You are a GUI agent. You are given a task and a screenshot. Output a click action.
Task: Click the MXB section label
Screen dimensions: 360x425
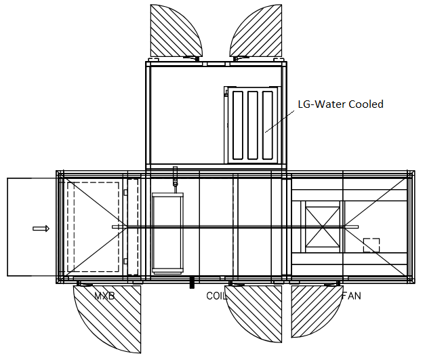(104, 296)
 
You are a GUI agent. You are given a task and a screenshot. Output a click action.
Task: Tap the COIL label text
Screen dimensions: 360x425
(218, 296)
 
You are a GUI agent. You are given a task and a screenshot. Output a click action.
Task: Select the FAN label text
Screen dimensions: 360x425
(351, 296)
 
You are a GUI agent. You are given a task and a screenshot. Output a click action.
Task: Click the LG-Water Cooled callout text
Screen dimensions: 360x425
(340, 104)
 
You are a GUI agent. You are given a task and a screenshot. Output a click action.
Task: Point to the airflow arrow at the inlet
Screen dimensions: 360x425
(41, 228)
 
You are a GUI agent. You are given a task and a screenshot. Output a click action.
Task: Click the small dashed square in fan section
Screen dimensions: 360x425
(371, 245)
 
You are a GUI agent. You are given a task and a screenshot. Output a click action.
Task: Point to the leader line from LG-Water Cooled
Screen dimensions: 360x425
(279, 120)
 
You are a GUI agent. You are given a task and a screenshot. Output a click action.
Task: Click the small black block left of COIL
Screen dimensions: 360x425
(192, 281)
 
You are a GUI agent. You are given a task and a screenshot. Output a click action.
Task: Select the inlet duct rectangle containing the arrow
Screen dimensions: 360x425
(31, 227)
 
